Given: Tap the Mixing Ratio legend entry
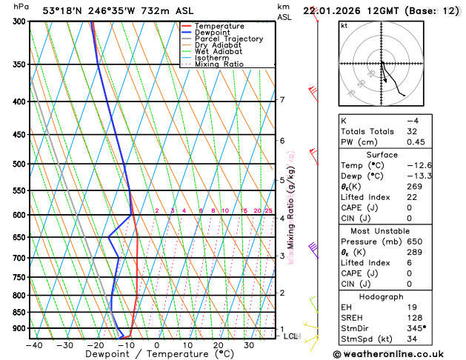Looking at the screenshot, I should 219,64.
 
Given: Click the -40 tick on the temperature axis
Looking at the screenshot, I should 33,345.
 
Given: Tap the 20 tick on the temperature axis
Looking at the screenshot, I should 218,345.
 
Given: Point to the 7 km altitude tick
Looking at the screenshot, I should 282,100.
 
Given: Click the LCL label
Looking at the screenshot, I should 291,336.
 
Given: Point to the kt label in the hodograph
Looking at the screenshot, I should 344,25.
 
